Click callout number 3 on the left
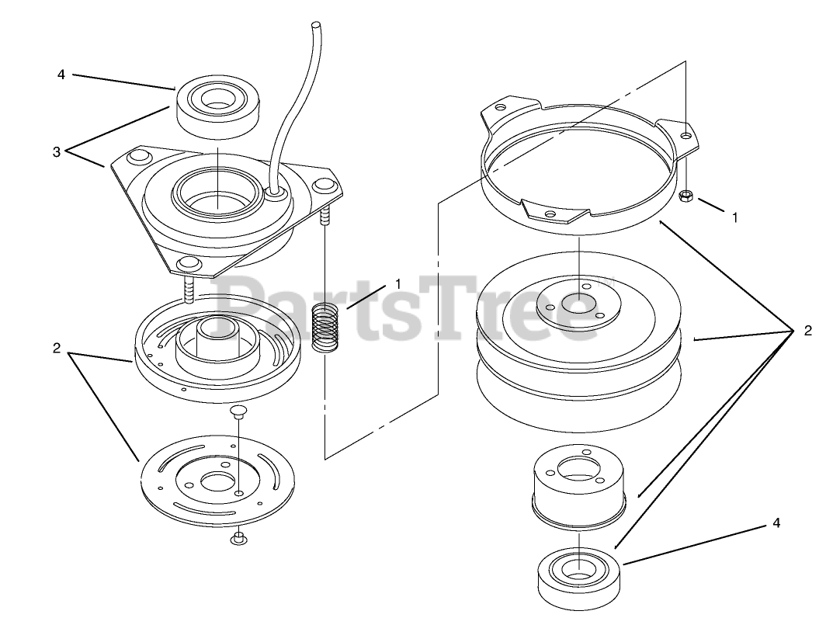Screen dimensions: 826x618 pos(57,152)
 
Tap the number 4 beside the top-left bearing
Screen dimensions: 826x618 pos(61,75)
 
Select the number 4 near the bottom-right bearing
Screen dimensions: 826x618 pos(776,523)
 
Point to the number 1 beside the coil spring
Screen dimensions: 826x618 pos(398,284)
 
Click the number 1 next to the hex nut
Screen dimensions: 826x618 pos(735,217)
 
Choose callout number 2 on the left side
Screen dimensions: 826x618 pos(57,349)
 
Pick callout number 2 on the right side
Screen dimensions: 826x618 pos(807,331)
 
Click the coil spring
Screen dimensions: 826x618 pos(325,328)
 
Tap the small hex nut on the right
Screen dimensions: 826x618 pos(686,196)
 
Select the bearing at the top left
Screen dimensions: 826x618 pos(217,109)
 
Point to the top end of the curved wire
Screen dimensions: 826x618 pos(316,24)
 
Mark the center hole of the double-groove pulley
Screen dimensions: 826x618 pos(578,304)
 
